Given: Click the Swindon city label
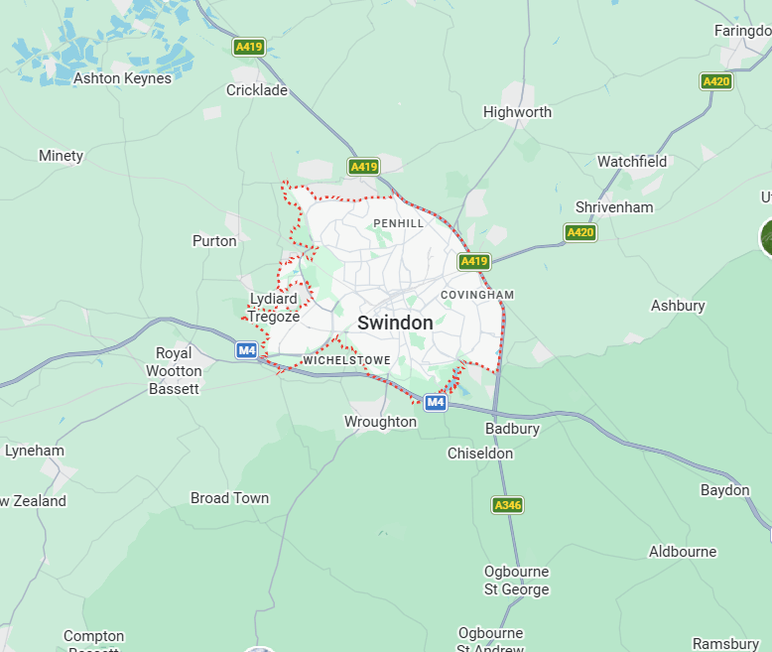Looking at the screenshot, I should [395, 323].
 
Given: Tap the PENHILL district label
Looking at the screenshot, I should [399, 223].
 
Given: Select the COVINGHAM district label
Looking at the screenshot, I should [477, 295].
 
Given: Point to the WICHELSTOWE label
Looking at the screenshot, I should [347, 359].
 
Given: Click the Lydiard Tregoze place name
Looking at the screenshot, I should [273, 308].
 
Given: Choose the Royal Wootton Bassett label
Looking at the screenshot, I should [174, 371].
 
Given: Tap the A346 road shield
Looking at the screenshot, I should [507, 505].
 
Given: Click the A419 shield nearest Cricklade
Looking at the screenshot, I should [248, 47].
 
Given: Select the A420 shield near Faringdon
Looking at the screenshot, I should [715, 81].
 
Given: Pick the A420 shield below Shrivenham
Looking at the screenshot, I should [580, 232].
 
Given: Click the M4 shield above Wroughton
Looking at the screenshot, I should [435, 402].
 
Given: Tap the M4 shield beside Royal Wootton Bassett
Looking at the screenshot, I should [247, 350].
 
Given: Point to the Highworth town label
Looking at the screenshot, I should [517, 112].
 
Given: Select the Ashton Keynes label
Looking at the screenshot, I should [122, 78].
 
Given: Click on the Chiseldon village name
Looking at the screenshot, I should [480, 454].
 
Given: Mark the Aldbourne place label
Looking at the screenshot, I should [683, 552].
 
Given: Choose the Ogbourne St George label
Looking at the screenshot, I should [516, 581].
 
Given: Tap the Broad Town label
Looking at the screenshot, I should [229, 498].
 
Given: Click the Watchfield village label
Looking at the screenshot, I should [632, 161].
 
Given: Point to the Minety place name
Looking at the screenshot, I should [61, 156].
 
